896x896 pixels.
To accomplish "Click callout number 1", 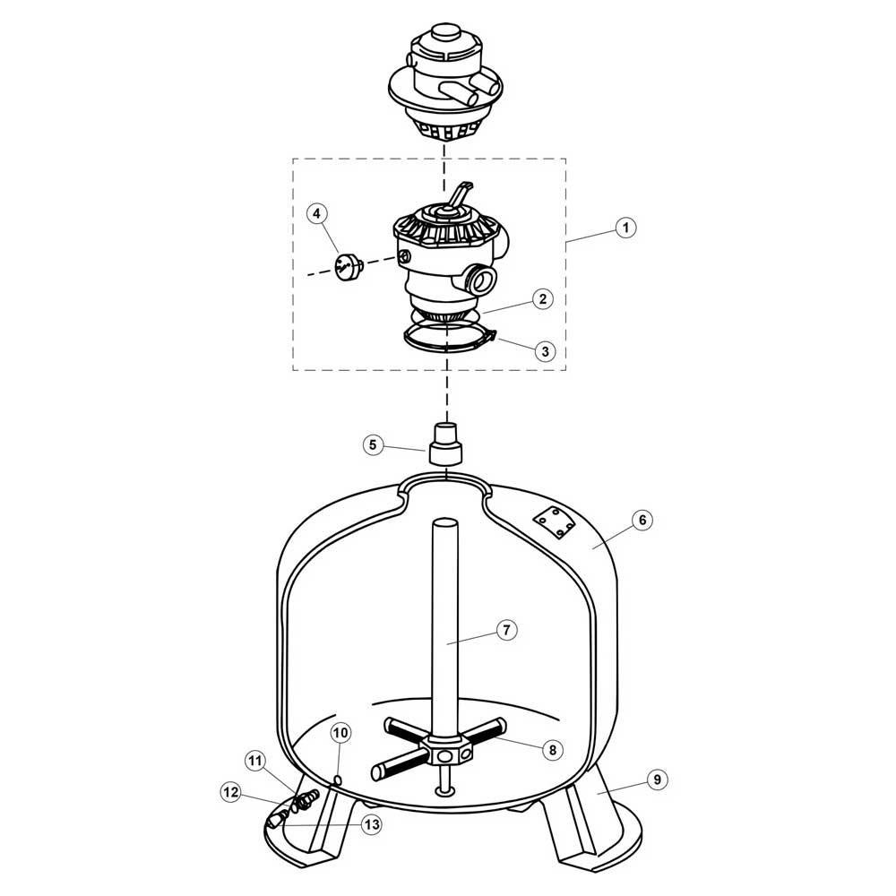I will pyautogui.click(x=626, y=228).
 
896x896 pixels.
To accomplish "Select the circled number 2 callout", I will pyautogui.click(x=541, y=299).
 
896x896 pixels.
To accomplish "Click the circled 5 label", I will pyautogui.click(x=375, y=443).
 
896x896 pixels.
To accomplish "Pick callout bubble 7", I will pyautogui.click(x=505, y=630).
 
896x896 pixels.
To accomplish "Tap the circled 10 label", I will pyautogui.click(x=340, y=733).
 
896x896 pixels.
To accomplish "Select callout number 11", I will pyautogui.click(x=255, y=762).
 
